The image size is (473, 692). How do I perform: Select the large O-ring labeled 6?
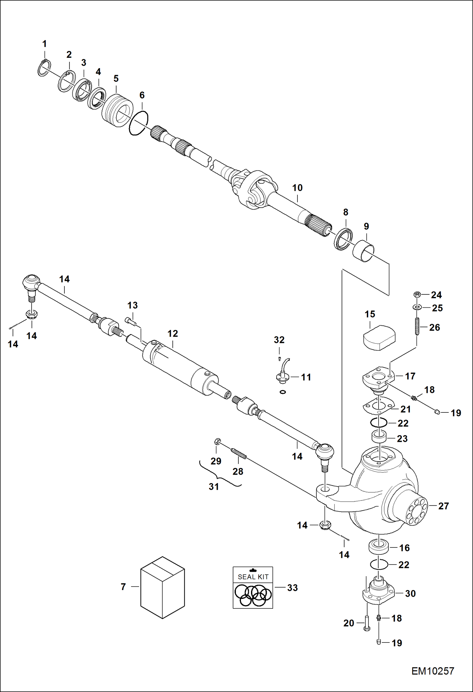point(139,123)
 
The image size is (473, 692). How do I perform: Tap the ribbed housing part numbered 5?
point(117,110)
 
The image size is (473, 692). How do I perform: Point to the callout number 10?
point(297,188)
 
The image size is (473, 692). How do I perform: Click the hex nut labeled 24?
point(417,295)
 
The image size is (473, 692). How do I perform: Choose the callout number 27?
point(443,506)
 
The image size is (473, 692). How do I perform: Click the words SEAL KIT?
point(253,577)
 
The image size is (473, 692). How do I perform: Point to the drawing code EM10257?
point(432,671)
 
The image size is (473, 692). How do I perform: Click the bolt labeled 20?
point(367,623)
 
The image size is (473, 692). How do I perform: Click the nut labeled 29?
point(217,441)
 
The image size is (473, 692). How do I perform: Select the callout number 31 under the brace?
point(214,486)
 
